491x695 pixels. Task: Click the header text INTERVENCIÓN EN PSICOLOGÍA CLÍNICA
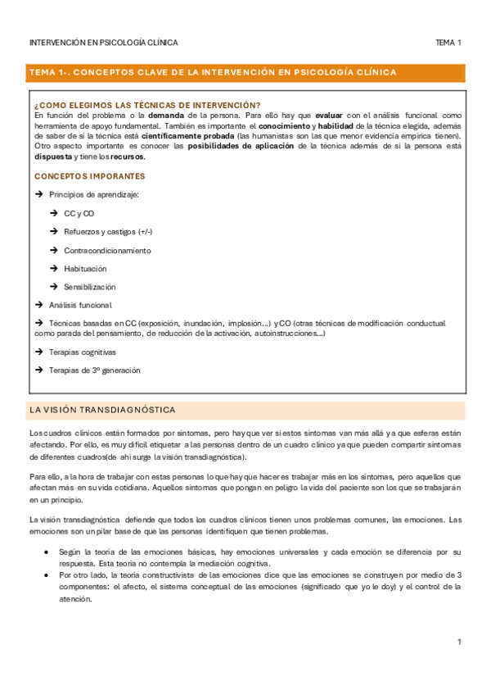tap(103, 42)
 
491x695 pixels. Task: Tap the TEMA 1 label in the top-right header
tap(448, 42)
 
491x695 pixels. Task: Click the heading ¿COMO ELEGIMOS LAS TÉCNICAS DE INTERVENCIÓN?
tap(147, 105)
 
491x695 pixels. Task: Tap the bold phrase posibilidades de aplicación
tap(241, 146)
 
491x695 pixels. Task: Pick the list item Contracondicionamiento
tap(107, 250)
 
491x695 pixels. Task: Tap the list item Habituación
tap(85, 269)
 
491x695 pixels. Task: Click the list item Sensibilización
tap(89, 287)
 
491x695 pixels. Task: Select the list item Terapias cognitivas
tap(83, 352)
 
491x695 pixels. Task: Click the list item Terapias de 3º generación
tap(95, 370)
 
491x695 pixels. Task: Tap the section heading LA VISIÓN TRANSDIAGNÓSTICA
tap(101, 410)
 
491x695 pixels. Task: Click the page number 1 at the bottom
tap(460, 642)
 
